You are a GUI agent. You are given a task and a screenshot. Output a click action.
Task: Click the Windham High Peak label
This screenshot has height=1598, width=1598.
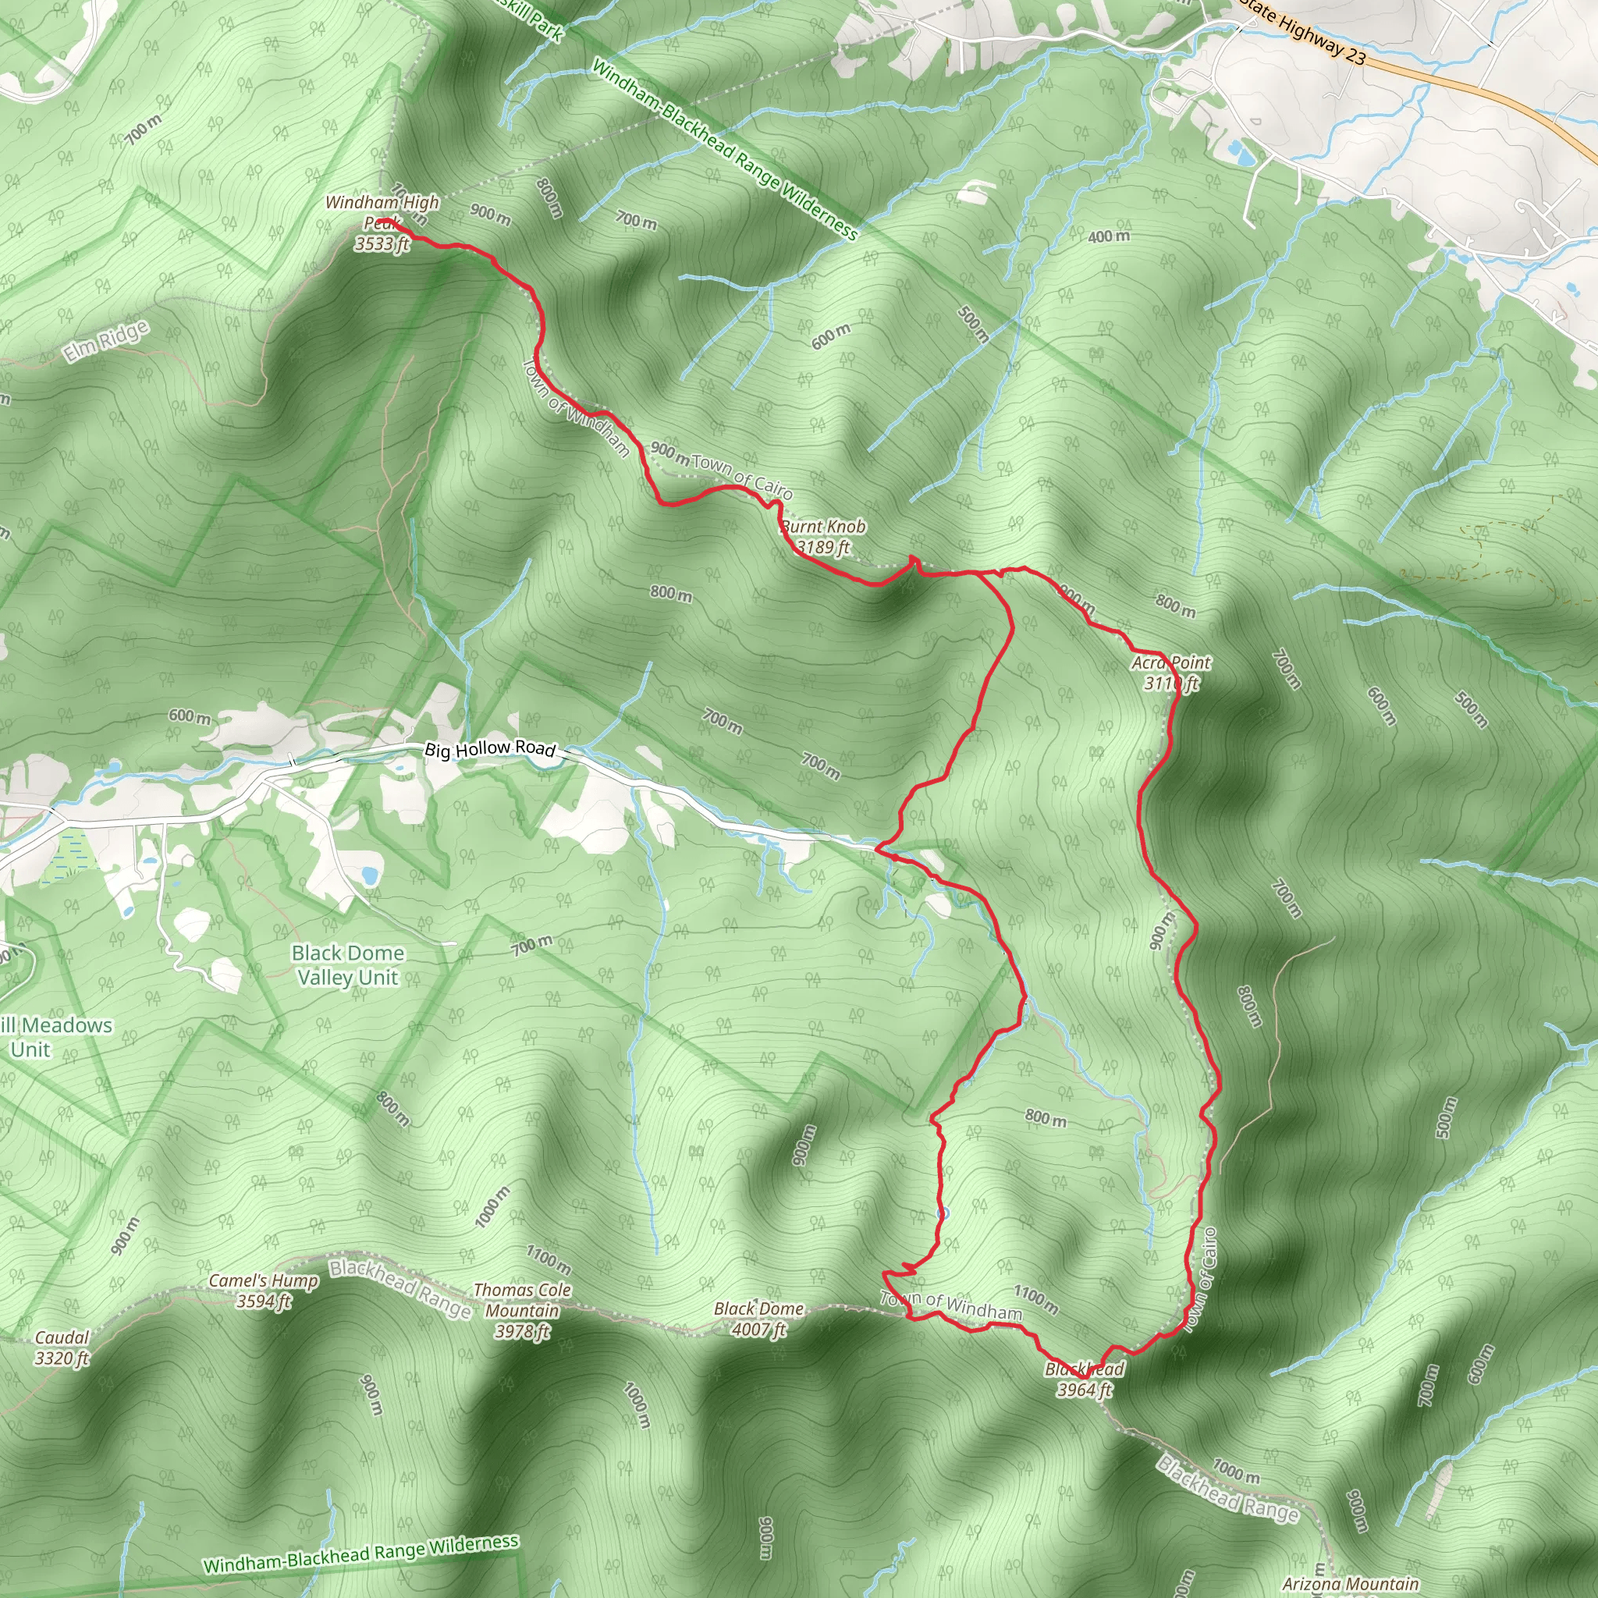pos(382,222)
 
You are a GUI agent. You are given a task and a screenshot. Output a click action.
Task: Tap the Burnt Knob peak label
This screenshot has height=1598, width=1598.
pos(823,537)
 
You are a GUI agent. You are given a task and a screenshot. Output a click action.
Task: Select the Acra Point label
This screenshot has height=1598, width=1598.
pos(1170,673)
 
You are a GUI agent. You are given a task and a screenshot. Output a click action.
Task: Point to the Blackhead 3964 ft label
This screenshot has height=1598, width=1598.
pos(1085,1380)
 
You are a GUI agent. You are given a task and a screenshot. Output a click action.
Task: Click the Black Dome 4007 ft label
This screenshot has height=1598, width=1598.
pos(758,1319)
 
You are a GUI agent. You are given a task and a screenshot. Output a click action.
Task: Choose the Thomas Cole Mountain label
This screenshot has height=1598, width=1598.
pos(522,1311)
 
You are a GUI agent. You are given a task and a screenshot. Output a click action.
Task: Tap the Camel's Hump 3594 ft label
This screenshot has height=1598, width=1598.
pos(263,1291)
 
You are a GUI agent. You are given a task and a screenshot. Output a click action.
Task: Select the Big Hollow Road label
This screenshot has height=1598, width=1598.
pos(490,748)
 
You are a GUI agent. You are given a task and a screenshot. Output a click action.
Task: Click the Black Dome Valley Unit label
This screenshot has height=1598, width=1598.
pos(348,965)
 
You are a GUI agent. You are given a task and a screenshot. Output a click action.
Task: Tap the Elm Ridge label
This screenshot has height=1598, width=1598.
pos(107,341)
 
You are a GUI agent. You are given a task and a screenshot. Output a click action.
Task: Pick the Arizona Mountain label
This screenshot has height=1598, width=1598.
pos(1351,1584)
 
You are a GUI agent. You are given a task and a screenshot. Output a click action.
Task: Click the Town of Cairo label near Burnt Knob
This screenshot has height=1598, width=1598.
pos(742,476)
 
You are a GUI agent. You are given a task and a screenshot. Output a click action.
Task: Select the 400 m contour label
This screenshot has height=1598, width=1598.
pos(1108,236)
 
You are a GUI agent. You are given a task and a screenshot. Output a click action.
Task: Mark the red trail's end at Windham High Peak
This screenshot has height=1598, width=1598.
pos(385,221)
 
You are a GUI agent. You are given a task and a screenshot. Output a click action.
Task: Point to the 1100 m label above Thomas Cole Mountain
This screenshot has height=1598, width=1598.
pos(549,1259)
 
